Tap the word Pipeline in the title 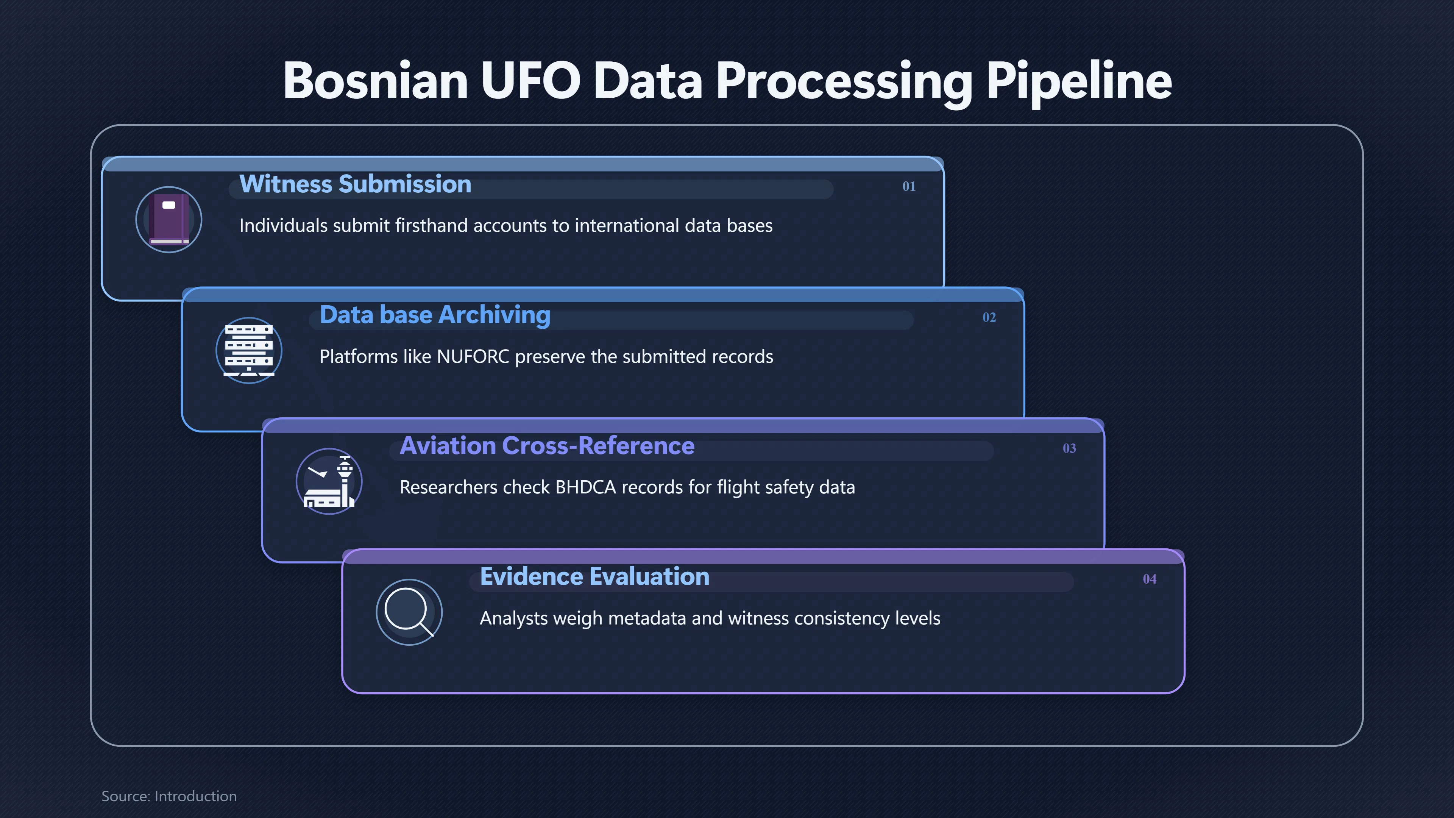(x=1079, y=83)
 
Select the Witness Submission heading (x=355, y=184)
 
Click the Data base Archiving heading (x=435, y=315)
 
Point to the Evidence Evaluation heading (x=594, y=576)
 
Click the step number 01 (x=909, y=186)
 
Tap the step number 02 (x=989, y=317)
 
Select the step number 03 (x=1069, y=448)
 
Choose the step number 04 (x=1149, y=579)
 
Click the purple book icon (x=169, y=220)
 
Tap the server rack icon (x=249, y=351)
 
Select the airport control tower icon (x=329, y=482)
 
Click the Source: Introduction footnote (x=169, y=796)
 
